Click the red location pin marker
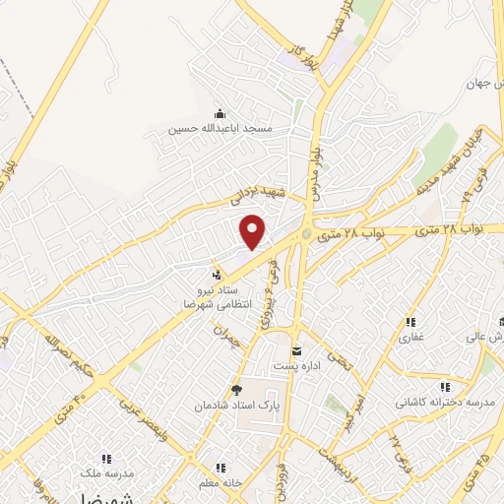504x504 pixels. (254, 231)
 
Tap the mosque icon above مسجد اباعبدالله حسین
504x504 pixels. (218, 112)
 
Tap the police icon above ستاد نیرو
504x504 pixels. (217, 273)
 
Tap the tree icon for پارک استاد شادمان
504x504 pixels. (236, 389)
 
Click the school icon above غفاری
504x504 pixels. (409, 321)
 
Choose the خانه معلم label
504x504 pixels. (220, 482)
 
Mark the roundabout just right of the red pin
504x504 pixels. (306, 234)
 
